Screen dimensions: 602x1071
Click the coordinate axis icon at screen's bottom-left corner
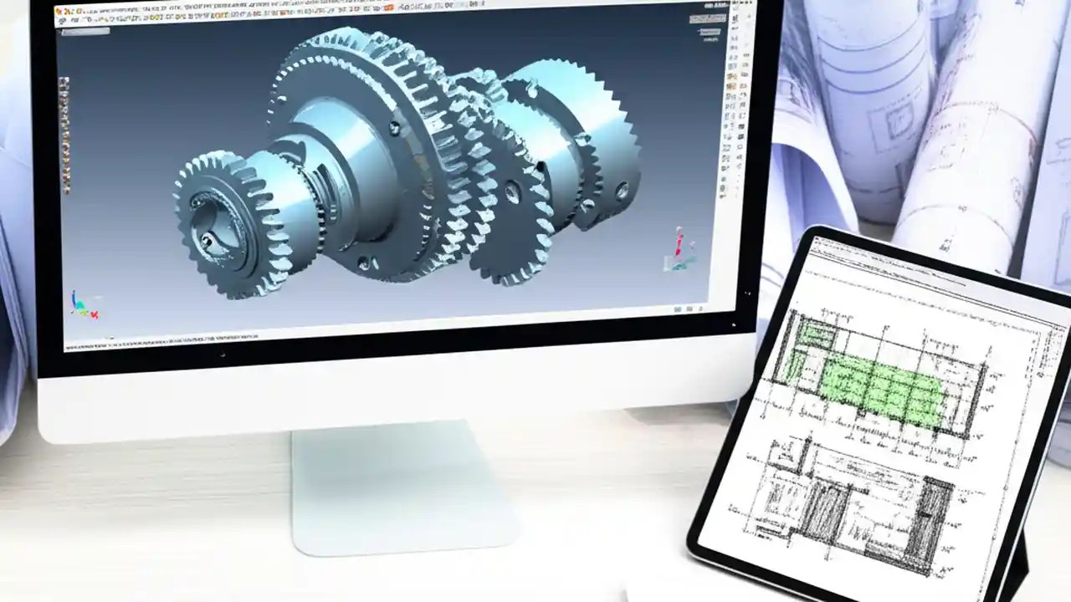point(85,304)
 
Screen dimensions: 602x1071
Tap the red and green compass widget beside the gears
point(679,251)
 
